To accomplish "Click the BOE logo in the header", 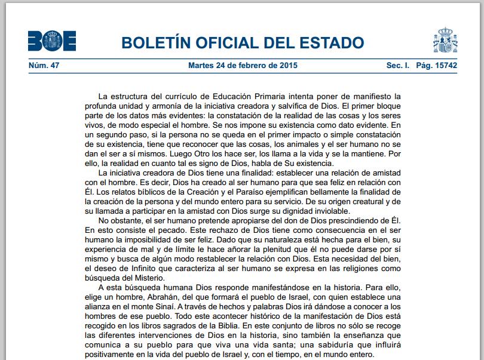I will [x=52, y=42].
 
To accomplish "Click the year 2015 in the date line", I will [x=287, y=65].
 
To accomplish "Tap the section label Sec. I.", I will [x=397, y=65].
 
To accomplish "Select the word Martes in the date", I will [x=201, y=65].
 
